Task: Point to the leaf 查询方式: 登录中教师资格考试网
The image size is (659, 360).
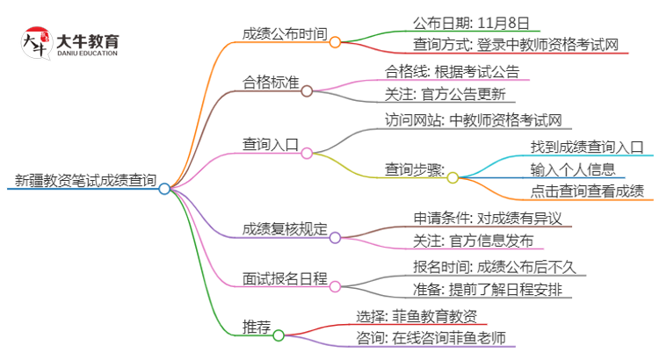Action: tap(519, 43)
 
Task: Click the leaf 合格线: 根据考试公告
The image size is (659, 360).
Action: tap(452, 71)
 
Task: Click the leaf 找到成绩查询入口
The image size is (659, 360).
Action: tap(587, 147)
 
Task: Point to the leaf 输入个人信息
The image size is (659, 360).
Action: tap(572, 169)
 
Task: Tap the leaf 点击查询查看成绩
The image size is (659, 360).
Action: tap(587, 191)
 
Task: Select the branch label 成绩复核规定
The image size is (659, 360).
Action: tap(285, 229)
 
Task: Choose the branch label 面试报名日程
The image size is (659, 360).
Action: tap(285, 279)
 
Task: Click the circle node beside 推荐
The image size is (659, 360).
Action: tap(279, 335)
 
